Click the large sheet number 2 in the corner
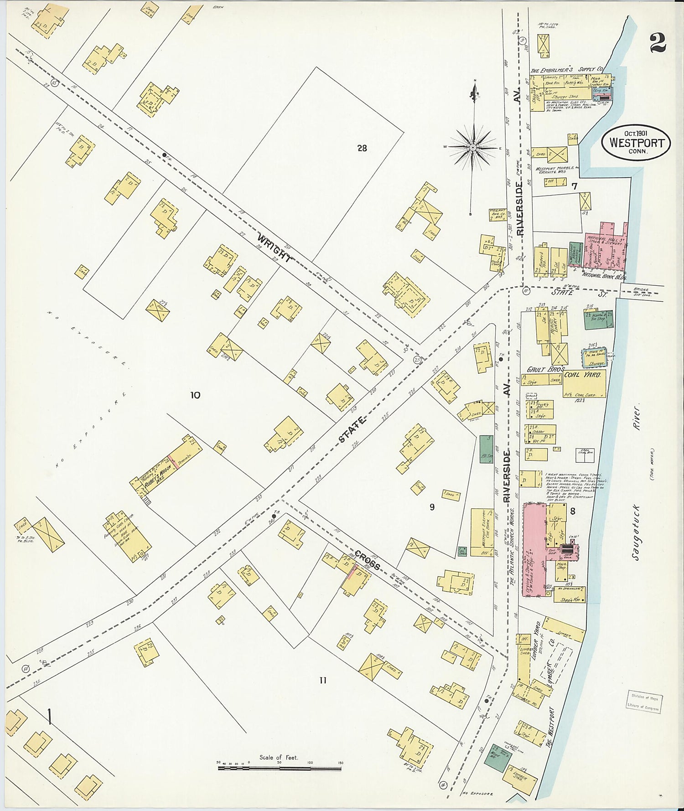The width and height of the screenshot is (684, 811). tap(658, 44)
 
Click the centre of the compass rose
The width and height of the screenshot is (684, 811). tap(473, 147)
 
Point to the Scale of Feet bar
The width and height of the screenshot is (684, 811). tap(279, 768)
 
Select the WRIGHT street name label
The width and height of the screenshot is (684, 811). tap(274, 248)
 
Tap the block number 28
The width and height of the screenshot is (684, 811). tap(362, 148)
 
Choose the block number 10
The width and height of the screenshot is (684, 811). tap(195, 395)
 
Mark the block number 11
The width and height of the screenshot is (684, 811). tap(322, 681)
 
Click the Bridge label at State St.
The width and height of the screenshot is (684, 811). tap(640, 290)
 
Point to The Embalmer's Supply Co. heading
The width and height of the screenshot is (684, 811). tap(567, 70)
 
